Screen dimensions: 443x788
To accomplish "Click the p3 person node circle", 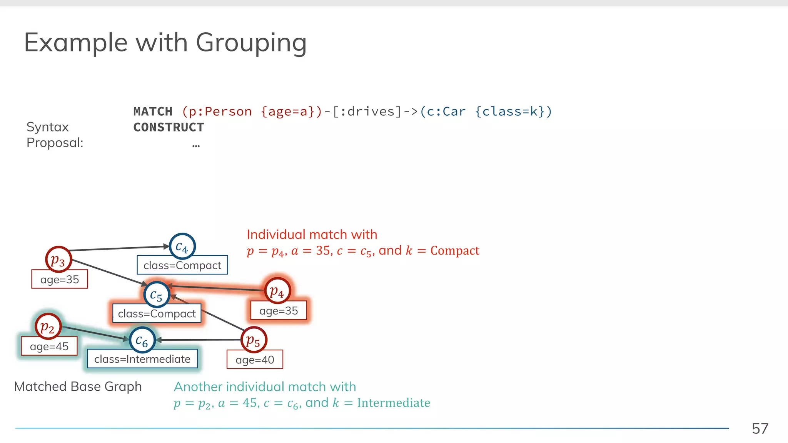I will (58, 260).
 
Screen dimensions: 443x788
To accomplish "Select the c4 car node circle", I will (182, 246).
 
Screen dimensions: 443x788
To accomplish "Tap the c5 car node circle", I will (157, 295).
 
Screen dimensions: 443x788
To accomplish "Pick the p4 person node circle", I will (277, 291).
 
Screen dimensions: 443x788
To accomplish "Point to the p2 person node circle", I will (48, 326).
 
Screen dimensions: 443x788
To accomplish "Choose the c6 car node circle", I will (142, 340).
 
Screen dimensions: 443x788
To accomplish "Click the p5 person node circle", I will (254, 340).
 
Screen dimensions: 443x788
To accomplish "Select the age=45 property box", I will (49, 346).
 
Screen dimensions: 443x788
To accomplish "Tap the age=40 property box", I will (255, 360).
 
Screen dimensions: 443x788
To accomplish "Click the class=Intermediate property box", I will (142, 359).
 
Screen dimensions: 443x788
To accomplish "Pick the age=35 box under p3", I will (60, 279).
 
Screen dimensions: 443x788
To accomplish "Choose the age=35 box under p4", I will (279, 311).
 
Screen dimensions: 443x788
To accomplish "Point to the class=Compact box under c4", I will (182, 265).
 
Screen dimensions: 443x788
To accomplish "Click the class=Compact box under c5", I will (157, 313).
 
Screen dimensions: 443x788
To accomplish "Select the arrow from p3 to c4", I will (119, 248).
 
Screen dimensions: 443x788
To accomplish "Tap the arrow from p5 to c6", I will (200, 340).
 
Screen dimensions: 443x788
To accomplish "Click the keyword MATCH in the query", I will (153, 112).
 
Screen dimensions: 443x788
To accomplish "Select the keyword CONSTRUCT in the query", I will (169, 127).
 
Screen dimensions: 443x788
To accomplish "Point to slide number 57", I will (760, 428).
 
